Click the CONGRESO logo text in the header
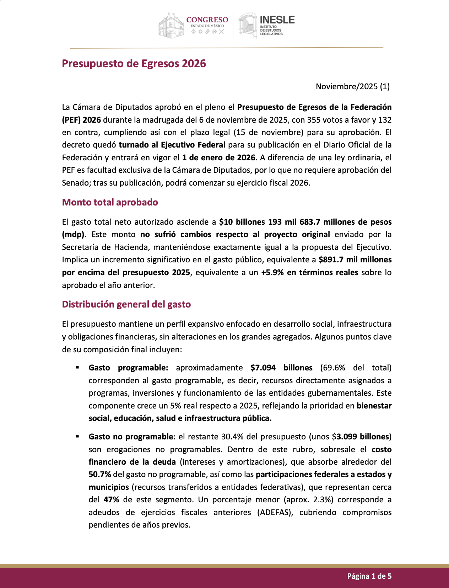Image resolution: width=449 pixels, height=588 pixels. [x=207, y=20]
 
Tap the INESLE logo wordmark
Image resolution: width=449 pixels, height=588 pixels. [x=277, y=20]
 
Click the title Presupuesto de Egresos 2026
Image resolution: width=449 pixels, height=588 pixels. [x=134, y=64]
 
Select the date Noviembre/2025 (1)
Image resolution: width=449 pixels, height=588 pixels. [x=352, y=86]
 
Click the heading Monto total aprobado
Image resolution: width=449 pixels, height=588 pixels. [x=110, y=202]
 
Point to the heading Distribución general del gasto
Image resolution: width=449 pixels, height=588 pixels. [x=126, y=304]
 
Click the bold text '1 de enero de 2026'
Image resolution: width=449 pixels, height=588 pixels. [x=218, y=157]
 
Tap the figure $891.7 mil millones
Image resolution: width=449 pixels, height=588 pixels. [x=355, y=260]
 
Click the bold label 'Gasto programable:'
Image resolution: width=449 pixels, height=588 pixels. [x=128, y=368]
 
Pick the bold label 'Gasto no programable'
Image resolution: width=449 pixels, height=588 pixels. [x=130, y=437]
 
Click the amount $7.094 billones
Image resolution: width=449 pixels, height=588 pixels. [x=281, y=368]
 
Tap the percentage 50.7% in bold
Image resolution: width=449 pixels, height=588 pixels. [x=100, y=475]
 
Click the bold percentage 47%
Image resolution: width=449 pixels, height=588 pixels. [x=111, y=500]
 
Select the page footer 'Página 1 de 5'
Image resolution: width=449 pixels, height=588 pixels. [x=369, y=576]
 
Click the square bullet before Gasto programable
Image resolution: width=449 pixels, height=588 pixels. [x=77, y=368]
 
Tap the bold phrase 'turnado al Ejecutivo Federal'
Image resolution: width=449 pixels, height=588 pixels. [x=172, y=145]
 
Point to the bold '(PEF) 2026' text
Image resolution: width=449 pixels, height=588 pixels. [x=81, y=120]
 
